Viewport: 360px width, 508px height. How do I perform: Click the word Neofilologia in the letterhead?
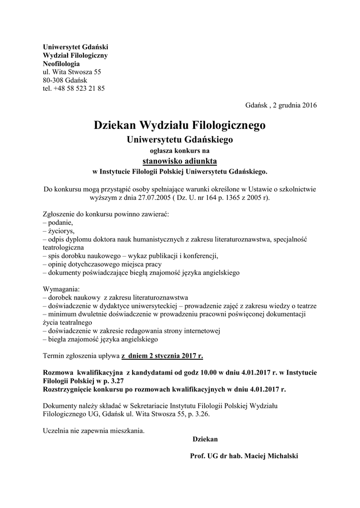point(61,63)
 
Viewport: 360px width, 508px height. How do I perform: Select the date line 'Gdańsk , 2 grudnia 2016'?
point(281,105)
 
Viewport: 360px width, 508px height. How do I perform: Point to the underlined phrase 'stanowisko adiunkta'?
point(180,161)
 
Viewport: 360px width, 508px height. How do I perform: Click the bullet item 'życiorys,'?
point(61,231)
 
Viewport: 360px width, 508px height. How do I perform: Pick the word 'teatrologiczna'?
point(64,247)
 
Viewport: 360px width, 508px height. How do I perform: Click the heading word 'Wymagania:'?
point(61,289)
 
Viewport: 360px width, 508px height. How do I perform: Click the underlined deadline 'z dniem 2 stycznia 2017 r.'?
point(162,356)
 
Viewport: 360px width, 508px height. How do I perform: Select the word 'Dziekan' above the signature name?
point(205,439)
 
